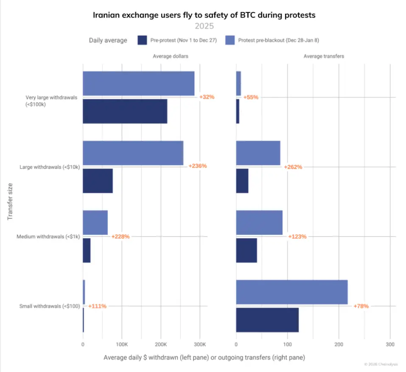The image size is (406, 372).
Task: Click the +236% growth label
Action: pyautogui.click(x=197, y=166)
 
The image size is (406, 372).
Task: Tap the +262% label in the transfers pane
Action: pyautogui.click(x=293, y=167)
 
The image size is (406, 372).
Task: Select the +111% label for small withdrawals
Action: pyautogui.click(x=97, y=306)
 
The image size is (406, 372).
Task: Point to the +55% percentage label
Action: pyautogui.click(x=251, y=97)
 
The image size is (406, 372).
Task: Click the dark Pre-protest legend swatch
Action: pyautogui.click(x=143, y=40)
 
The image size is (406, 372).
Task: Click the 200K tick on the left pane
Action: pyautogui.click(x=160, y=344)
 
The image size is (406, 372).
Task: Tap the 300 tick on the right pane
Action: pyautogui.click(x=390, y=344)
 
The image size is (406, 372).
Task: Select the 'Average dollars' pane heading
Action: pyautogui.click(x=171, y=56)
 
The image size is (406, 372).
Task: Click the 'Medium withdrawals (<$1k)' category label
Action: pyautogui.click(x=48, y=236)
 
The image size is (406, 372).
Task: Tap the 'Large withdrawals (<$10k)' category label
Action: pyautogui.click(x=50, y=166)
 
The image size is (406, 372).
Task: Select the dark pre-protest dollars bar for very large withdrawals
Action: pyautogui.click(x=125, y=111)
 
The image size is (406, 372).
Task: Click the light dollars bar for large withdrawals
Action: pyautogui.click(x=133, y=153)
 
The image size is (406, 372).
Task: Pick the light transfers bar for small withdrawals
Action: pyautogui.click(x=291, y=292)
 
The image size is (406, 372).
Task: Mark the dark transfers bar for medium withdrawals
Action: pyautogui.click(x=246, y=250)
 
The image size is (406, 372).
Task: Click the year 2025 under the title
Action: pyautogui.click(x=204, y=26)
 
